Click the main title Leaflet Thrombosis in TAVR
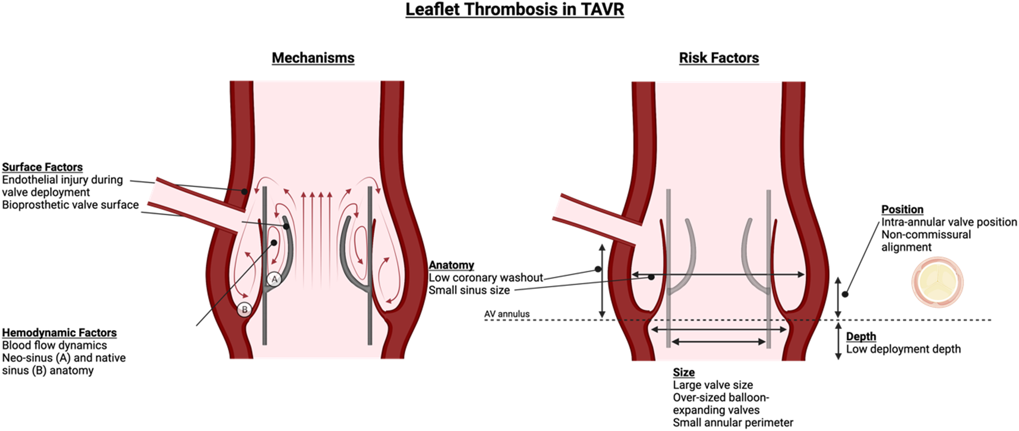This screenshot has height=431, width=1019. tap(514, 10)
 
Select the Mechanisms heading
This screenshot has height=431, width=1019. tap(313, 58)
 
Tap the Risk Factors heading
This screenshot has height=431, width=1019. tap(718, 58)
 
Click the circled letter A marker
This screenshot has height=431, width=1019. tap(274, 280)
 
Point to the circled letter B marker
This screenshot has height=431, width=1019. tap(244, 310)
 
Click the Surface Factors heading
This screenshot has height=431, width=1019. tap(42, 167)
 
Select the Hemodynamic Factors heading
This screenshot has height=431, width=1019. tap(59, 333)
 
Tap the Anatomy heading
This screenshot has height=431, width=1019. tap(451, 265)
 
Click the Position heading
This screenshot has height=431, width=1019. tap(902, 209)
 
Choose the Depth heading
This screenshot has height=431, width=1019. tap(861, 336)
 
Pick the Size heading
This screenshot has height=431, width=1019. tap(683, 372)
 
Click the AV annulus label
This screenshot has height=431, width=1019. tap(507, 314)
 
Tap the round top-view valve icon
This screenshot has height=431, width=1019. tap(937, 282)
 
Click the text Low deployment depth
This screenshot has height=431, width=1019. tap(903, 349)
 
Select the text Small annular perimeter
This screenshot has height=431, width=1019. tap(733, 423)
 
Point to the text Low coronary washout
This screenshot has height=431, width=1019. tap(486, 278)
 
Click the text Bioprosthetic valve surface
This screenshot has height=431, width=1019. tap(70, 205)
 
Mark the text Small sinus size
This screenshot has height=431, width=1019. tap(469, 290)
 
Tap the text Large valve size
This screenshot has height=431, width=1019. tap(713, 385)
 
